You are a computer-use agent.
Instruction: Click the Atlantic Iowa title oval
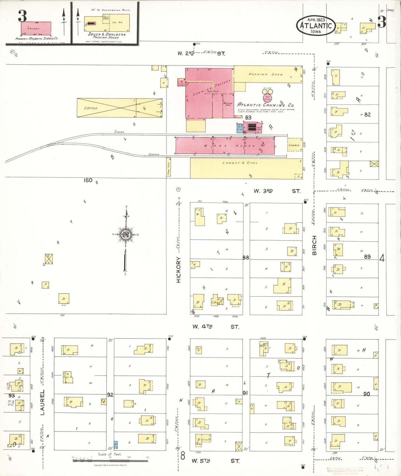(316, 26)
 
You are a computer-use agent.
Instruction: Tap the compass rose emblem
(126, 235)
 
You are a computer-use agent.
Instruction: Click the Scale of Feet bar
(110, 460)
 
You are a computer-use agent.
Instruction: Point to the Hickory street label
(178, 270)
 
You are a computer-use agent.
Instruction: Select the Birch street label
(314, 245)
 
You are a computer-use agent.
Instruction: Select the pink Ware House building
(225, 146)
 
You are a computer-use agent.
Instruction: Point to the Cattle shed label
(91, 108)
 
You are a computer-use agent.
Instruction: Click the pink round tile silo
(267, 98)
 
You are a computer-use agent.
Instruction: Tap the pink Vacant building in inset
(36, 28)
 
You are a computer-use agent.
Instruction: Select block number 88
(246, 258)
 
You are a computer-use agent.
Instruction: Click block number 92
(110, 395)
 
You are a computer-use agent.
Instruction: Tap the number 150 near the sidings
(88, 181)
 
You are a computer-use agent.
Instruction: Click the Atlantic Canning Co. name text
(265, 105)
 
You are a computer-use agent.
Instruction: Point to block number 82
(367, 114)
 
